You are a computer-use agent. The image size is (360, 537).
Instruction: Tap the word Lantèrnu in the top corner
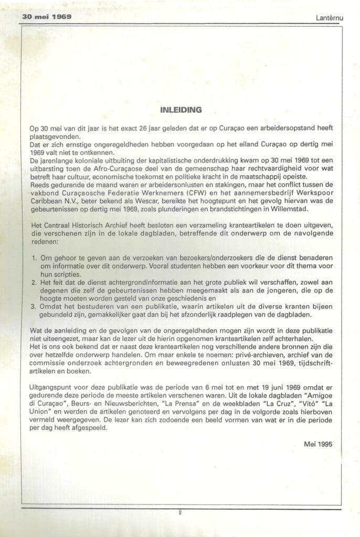330,17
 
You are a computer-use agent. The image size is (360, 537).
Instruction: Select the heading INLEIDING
180,110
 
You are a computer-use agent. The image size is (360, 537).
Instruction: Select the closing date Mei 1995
317,444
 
